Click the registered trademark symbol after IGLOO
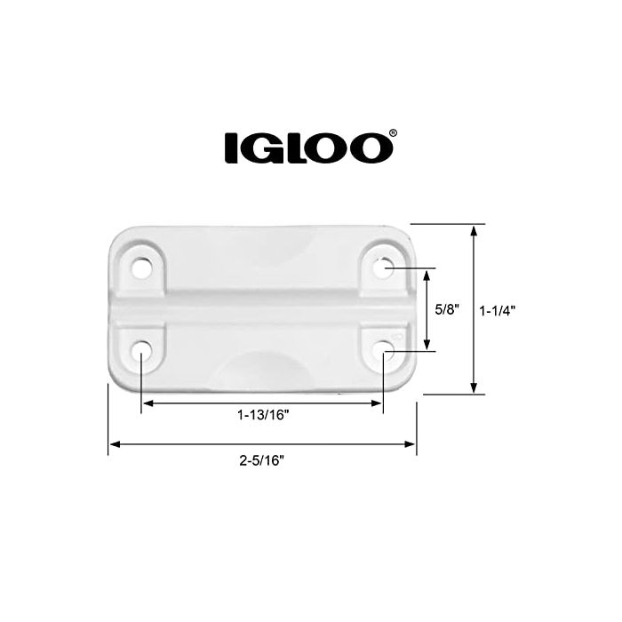click(x=392, y=135)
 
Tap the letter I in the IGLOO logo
click(x=230, y=148)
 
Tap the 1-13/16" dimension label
click(x=262, y=415)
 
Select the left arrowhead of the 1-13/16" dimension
click(x=148, y=403)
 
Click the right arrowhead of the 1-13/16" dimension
click(x=376, y=403)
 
